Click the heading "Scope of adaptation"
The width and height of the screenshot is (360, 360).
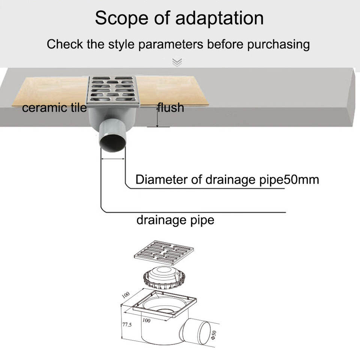click(179, 18)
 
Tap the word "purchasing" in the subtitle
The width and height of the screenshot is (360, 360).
click(278, 44)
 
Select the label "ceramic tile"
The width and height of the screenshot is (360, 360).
click(54, 108)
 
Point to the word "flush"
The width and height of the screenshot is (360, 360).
click(171, 108)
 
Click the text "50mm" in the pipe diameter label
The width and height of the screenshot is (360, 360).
click(301, 180)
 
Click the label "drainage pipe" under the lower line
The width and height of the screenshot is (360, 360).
click(175, 219)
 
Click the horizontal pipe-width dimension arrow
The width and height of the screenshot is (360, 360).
click(113, 159)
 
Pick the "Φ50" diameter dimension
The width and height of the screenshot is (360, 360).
click(213, 334)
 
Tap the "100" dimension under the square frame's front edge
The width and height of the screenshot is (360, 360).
click(147, 321)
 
